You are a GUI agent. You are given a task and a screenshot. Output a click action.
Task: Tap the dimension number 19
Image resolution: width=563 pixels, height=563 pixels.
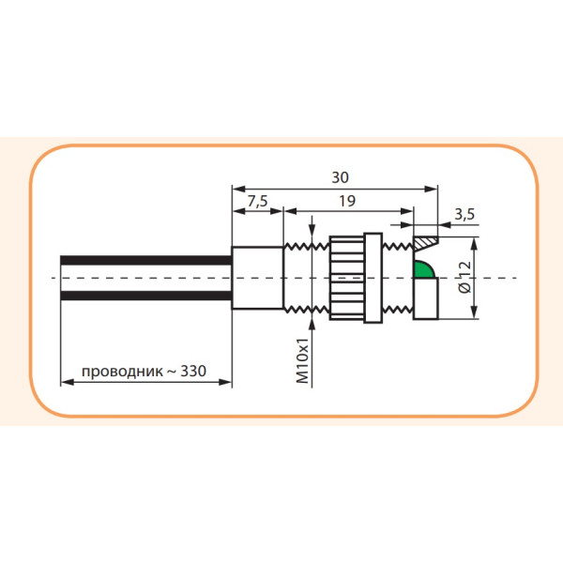point(346,201)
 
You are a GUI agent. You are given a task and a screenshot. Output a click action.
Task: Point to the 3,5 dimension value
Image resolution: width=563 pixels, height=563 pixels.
point(464,215)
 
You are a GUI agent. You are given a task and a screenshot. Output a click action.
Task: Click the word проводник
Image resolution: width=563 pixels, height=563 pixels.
point(121,371)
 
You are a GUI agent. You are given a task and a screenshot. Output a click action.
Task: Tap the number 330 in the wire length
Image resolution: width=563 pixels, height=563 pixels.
point(193,371)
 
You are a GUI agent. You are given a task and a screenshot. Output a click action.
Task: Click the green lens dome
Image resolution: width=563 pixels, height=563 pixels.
point(425,271)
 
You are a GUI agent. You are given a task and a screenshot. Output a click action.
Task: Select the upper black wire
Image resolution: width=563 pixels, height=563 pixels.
point(145,260)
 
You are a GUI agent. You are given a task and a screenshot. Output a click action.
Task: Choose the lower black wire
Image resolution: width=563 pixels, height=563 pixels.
point(145,297)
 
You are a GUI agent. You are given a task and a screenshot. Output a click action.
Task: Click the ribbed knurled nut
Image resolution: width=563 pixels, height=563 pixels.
point(346,278)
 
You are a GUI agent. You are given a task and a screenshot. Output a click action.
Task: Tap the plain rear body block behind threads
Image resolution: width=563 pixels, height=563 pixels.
point(256,278)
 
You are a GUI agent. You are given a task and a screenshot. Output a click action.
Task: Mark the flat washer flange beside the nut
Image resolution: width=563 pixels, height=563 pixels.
point(373,278)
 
